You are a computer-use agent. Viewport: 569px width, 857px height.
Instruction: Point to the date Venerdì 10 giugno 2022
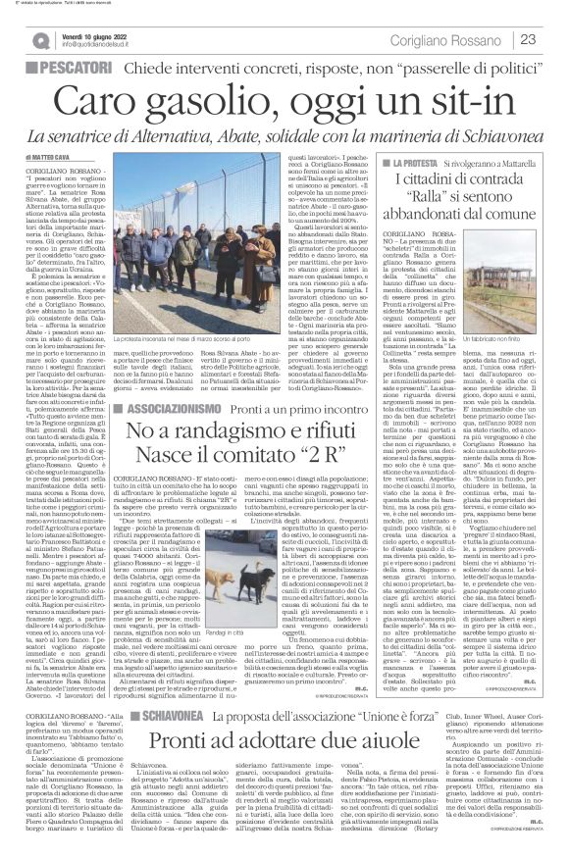point(97,32)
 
